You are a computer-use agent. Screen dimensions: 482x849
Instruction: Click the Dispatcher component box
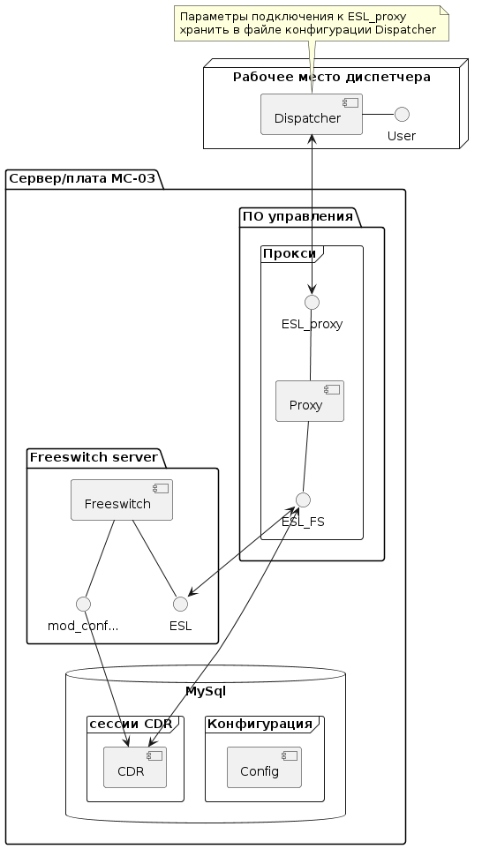(x=312, y=114)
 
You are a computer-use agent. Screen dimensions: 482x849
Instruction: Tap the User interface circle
(x=402, y=114)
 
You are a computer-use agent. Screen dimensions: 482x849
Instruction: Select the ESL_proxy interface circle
(x=312, y=302)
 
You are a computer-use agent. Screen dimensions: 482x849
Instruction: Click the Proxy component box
(x=310, y=402)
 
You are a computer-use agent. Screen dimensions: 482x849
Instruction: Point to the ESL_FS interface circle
(x=304, y=500)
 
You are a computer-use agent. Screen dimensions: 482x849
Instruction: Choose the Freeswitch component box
(x=122, y=500)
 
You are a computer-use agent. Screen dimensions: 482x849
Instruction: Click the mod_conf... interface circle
(x=83, y=604)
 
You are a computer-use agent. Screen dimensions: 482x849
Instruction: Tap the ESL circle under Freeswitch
(x=180, y=604)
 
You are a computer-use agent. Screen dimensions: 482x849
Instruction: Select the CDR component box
(x=135, y=767)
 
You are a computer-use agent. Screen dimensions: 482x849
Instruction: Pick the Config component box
(x=264, y=767)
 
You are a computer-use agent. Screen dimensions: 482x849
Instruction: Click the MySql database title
(x=206, y=691)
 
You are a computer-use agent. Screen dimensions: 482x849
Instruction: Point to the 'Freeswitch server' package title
(x=94, y=457)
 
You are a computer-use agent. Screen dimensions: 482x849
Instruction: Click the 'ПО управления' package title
(x=297, y=216)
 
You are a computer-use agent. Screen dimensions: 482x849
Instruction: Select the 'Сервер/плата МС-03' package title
(x=82, y=177)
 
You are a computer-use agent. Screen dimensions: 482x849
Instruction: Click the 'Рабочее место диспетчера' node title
(x=331, y=77)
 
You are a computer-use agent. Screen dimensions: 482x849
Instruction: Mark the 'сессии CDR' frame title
(x=131, y=724)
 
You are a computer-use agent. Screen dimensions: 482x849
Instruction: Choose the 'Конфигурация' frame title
(x=260, y=724)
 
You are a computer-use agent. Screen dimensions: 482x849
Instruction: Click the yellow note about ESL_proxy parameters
(x=312, y=23)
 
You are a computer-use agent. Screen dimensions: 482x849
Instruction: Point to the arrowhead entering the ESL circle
(x=192, y=593)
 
